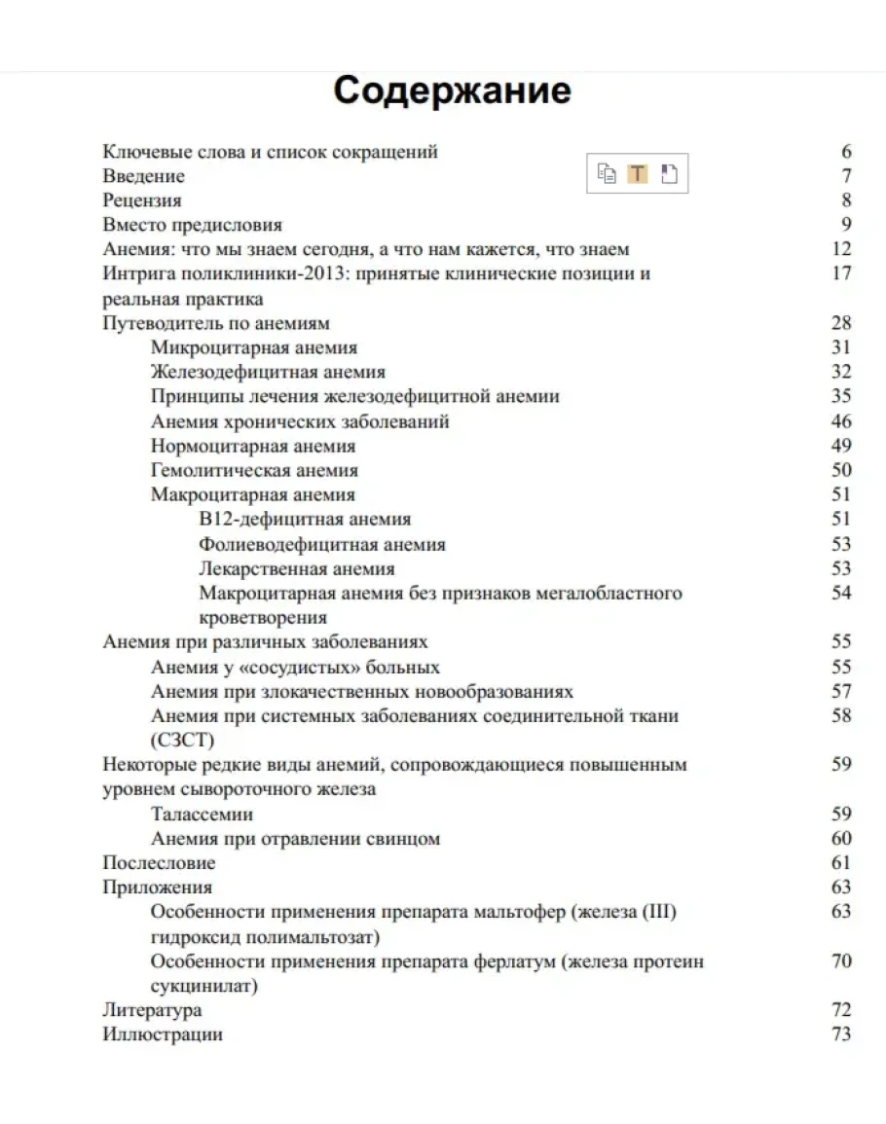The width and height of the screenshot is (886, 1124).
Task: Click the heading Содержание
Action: pyautogui.click(x=452, y=91)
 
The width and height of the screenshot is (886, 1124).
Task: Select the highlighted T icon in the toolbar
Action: pyautogui.click(x=637, y=174)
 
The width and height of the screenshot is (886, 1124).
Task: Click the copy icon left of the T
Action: pyautogui.click(x=607, y=174)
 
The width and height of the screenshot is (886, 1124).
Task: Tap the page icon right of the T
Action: pyautogui.click(x=668, y=174)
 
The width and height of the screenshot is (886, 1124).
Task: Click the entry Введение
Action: pyautogui.click(x=143, y=176)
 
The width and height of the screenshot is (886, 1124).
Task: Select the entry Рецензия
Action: pyautogui.click(x=142, y=200)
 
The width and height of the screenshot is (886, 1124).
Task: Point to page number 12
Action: pyautogui.click(x=841, y=249)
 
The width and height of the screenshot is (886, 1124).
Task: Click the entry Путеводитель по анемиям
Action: pyautogui.click(x=216, y=323)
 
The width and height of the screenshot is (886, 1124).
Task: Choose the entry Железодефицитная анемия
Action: pyautogui.click(x=268, y=372)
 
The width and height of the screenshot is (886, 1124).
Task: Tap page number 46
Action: pyautogui.click(x=841, y=421)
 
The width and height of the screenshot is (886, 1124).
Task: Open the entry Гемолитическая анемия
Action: pyautogui.click(x=254, y=470)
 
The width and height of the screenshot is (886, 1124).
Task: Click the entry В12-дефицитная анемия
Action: pyautogui.click(x=305, y=520)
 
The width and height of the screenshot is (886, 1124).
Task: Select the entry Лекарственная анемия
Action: pyautogui.click(x=297, y=568)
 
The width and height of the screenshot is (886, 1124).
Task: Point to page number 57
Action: pyautogui.click(x=841, y=691)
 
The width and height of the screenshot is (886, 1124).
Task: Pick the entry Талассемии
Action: pyautogui.click(x=203, y=814)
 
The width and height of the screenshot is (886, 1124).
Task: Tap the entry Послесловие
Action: pyautogui.click(x=159, y=862)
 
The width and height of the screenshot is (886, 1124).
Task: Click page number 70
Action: pyautogui.click(x=841, y=961)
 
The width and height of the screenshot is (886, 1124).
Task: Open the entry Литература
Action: pyautogui.click(x=152, y=1010)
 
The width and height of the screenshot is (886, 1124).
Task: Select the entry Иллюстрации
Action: pyautogui.click(x=163, y=1034)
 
